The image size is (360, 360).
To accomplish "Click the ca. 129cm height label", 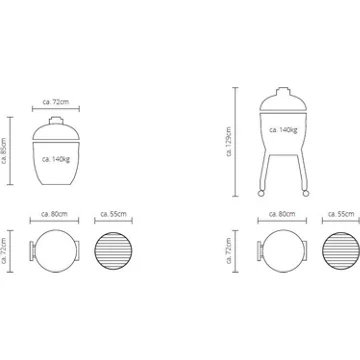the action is [x=229, y=142].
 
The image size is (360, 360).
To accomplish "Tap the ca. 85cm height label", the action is [x=4, y=151].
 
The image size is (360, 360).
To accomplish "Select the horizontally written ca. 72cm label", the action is [x=56, y=102].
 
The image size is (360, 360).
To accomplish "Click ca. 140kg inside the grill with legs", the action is [x=283, y=130].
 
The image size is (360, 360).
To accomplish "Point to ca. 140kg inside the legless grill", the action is [x=56, y=159].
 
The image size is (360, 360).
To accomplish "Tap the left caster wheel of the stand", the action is [x=260, y=193].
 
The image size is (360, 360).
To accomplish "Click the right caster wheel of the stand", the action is [x=305, y=193].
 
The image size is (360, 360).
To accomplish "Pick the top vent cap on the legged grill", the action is [x=283, y=91].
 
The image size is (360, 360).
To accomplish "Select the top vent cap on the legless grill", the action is [x=56, y=120].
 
